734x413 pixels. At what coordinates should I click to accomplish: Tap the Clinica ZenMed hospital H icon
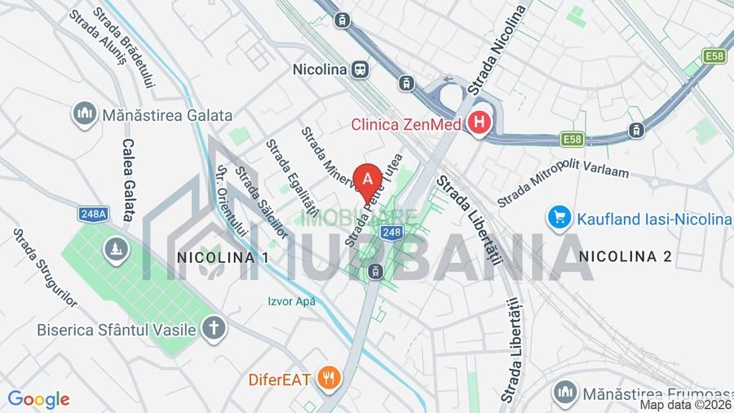tap(480, 124)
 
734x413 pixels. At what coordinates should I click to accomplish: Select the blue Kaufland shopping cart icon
tap(559, 217)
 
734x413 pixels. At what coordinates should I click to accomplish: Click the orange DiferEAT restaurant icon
tap(330, 378)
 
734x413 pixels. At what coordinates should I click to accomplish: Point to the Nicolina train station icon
tap(360, 70)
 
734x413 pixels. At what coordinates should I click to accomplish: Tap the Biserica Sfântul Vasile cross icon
tap(214, 329)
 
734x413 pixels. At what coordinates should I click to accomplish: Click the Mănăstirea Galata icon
tap(85, 115)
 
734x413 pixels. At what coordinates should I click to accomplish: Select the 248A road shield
tap(94, 214)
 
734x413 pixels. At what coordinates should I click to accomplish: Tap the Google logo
tap(38, 399)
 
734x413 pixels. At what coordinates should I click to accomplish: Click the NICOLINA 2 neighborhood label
tap(625, 256)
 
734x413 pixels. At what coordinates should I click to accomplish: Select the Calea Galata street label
tap(128, 179)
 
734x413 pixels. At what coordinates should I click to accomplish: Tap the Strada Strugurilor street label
tap(45, 267)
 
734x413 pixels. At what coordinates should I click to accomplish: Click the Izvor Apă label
tap(291, 300)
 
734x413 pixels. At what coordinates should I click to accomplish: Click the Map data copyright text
tap(685, 405)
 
